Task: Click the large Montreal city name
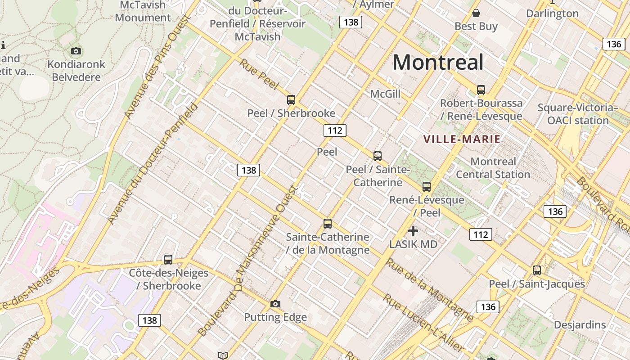tap(438, 62)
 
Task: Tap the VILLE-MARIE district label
tap(462, 139)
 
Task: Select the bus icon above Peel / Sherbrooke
tap(291, 100)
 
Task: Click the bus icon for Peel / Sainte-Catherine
tap(378, 156)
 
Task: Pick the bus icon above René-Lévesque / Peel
tap(426, 186)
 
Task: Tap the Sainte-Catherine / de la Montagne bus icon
tap(328, 224)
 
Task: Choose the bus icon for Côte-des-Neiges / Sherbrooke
tap(168, 259)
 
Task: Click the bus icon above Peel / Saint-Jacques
tap(537, 270)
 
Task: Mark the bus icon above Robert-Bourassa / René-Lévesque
tap(481, 90)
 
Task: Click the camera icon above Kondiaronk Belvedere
tap(76, 51)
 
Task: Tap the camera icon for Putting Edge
tap(275, 304)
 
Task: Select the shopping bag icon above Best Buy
tap(476, 13)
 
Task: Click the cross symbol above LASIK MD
tap(413, 231)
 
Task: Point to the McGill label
tap(385, 94)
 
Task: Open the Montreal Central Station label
tap(493, 168)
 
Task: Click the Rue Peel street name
tap(259, 74)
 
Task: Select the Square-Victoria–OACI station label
tap(578, 114)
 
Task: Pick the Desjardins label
tap(580, 324)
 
